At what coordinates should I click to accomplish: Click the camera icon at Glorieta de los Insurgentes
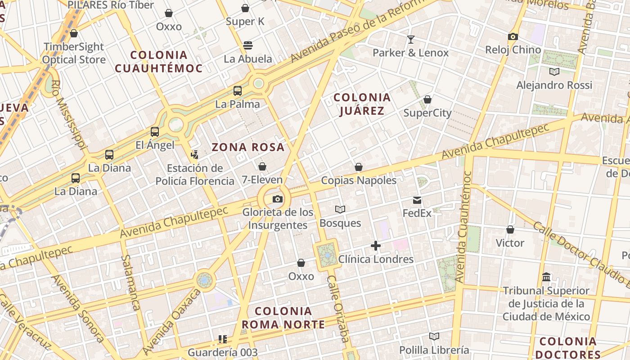[278, 199]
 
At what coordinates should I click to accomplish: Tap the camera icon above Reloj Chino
[513, 37]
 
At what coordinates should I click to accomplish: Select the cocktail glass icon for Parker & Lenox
[410, 40]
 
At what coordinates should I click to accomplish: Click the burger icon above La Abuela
[247, 45]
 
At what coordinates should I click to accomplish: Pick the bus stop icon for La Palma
[237, 91]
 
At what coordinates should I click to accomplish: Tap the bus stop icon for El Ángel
[154, 132]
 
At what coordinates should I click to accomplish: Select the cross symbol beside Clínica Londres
[375, 246]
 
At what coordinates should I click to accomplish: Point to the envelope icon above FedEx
[417, 200]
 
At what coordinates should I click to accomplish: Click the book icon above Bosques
[340, 210]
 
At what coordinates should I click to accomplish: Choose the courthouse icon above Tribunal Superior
[546, 277]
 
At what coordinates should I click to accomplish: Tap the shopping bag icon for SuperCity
[427, 99]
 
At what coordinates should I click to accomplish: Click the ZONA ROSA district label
[248, 147]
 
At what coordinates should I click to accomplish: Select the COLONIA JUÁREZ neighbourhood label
[362, 104]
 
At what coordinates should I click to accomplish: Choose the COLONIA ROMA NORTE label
[283, 318]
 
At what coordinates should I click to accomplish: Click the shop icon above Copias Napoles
[358, 167]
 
